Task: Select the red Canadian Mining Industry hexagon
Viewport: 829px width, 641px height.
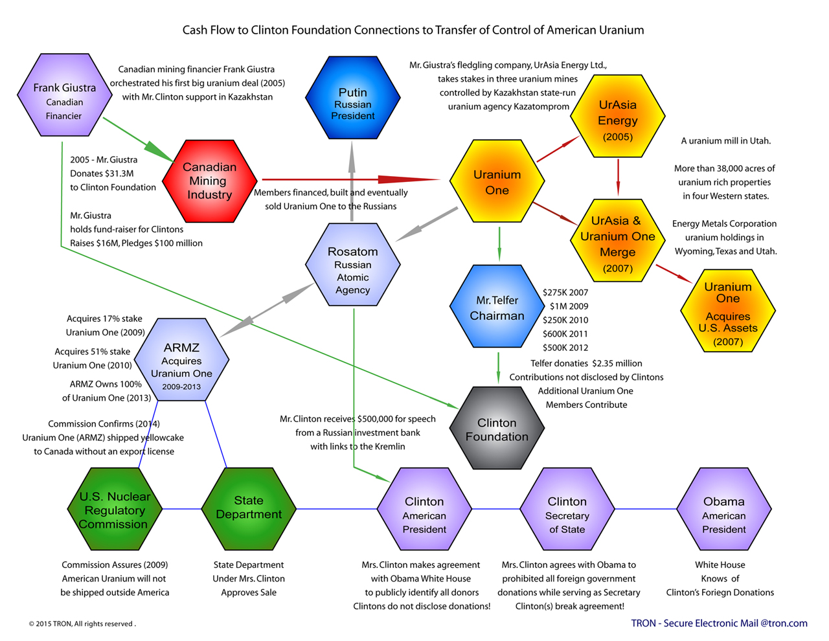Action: pos(209,181)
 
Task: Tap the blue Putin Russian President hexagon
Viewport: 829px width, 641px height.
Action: pos(352,98)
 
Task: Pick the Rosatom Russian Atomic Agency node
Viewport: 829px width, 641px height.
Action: pos(352,265)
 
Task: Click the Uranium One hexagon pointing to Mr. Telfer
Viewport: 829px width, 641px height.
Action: pos(497,182)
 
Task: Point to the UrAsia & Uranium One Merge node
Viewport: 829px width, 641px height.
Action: pos(617,241)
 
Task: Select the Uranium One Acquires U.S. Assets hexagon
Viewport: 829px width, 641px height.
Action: pos(727,311)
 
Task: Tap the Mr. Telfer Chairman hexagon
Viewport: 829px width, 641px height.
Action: pos(497,307)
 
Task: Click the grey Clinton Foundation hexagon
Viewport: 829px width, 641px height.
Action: pos(497,429)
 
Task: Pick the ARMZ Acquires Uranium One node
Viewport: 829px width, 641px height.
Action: pos(181,360)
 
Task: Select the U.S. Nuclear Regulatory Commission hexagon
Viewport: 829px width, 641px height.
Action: pos(115,510)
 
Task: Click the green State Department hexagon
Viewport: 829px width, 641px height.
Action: pos(249,508)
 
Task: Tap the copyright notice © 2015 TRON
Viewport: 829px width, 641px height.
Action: pos(82,624)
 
